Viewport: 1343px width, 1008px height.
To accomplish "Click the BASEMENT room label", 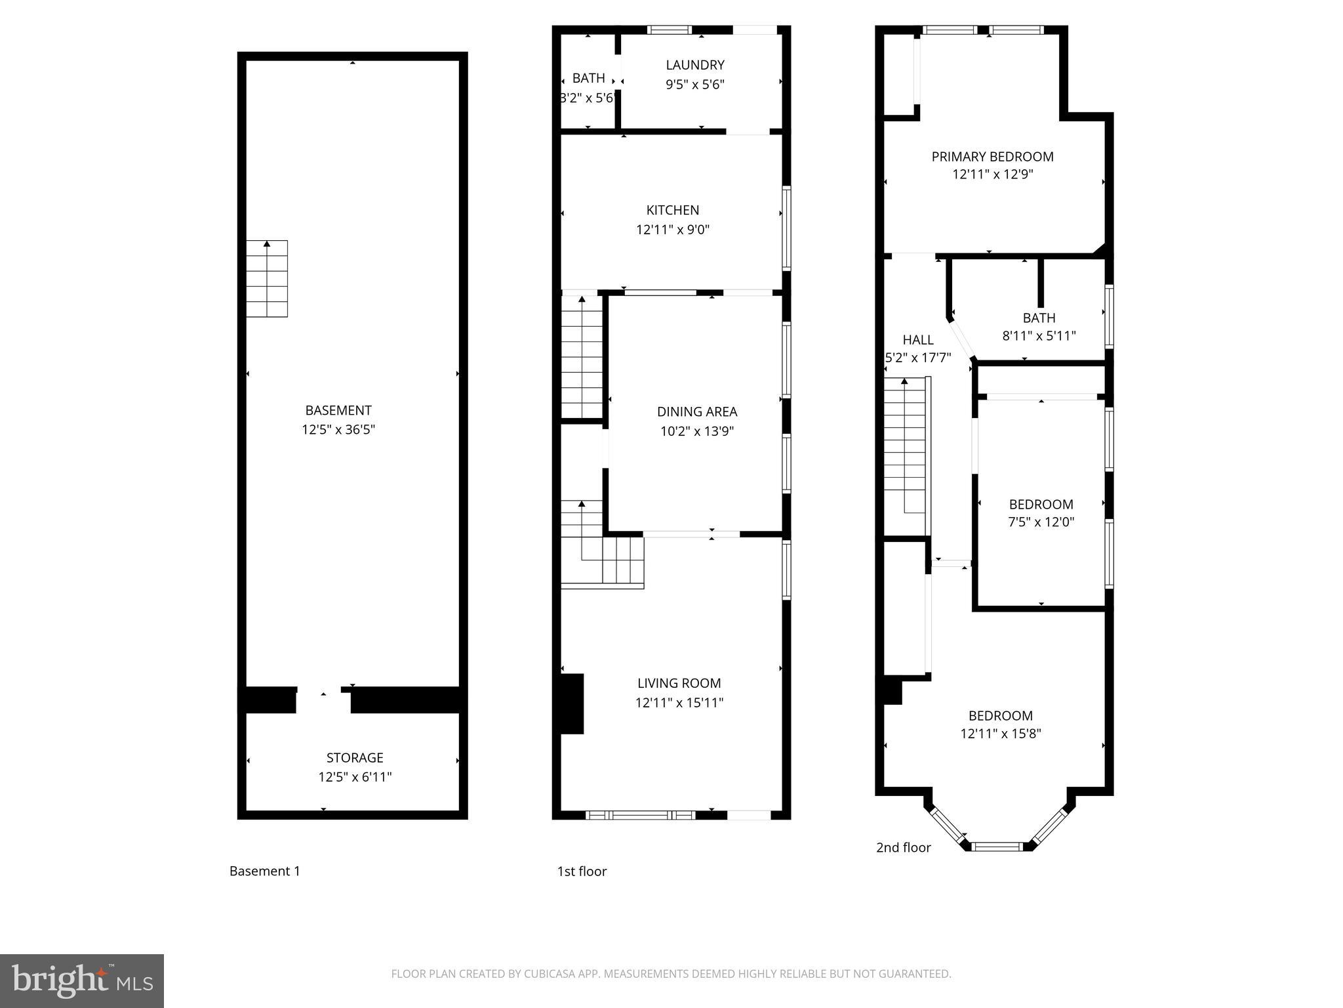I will click(x=338, y=410).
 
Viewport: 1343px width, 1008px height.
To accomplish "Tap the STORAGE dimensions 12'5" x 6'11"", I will click(x=355, y=777).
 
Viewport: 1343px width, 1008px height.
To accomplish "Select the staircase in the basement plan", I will click(x=267, y=279).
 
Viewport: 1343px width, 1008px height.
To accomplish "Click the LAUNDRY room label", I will click(x=695, y=65).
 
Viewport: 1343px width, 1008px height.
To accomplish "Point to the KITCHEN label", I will click(x=673, y=210).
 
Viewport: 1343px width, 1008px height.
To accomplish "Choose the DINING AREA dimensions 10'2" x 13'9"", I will click(x=696, y=431).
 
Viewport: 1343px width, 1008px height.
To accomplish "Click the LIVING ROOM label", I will click(x=679, y=683).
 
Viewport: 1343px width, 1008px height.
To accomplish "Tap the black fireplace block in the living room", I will click(x=571, y=703).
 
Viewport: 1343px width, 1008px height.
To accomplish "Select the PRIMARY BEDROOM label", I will click(x=992, y=156).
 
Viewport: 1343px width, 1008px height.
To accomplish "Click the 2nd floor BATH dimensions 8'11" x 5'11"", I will click(x=1039, y=336).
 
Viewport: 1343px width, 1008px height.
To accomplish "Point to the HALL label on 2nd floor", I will click(x=917, y=340).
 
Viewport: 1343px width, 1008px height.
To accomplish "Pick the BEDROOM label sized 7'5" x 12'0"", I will click(x=1041, y=504).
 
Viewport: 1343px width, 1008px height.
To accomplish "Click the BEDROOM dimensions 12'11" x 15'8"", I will click(x=1001, y=734).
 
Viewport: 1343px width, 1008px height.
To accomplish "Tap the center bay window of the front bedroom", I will click(x=997, y=846).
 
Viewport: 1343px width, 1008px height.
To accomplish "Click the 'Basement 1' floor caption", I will click(x=265, y=871).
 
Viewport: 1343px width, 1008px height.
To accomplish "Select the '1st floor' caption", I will click(x=582, y=871).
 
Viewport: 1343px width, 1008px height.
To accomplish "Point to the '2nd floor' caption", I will click(x=903, y=847).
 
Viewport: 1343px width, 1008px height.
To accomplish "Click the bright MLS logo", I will click(x=81, y=980).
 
